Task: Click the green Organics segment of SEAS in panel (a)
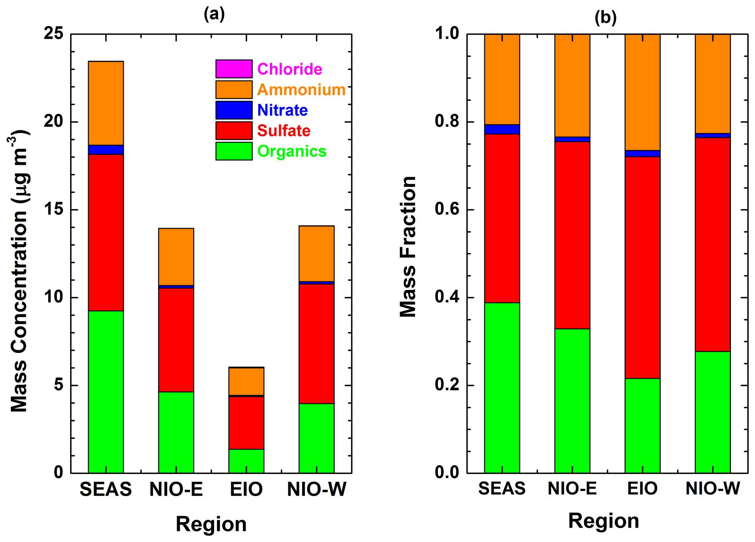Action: (x=106, y=391)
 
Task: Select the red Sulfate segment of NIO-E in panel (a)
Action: (x=176, y=340)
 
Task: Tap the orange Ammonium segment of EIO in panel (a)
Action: (x=246, y=381)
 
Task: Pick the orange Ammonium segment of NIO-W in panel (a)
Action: (x=316, y=254)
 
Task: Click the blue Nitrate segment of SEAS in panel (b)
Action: (x=502, y=129)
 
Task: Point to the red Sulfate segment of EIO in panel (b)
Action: (x=642, y=267)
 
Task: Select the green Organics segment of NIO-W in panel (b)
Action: (x=712, y=412)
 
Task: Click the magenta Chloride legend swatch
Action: (x=234, y=69)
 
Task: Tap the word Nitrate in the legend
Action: (x=282, y=110)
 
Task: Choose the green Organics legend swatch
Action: (x=234, y=151)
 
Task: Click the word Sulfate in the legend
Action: (x=284, y=130)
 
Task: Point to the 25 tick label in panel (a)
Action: (x=53, y=34)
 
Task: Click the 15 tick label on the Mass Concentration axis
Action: (x=53, y=209)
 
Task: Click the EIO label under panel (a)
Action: (x=246, y=489)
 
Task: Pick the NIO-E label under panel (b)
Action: (x=572, y=488)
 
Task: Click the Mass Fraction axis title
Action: (x=408, y=247)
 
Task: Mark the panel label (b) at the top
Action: (x=605, y=17)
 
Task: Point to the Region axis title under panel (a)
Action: (x=211, y=524)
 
